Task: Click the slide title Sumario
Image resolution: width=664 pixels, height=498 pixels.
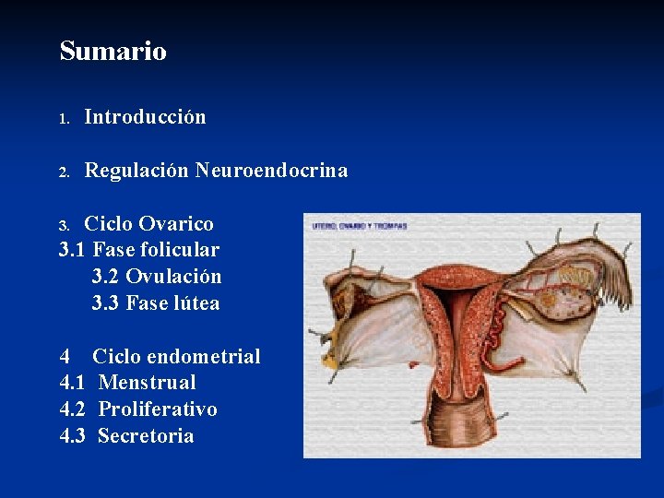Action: click(x=113, y=51)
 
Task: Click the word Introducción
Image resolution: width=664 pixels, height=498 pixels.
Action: click(x=145, y=117)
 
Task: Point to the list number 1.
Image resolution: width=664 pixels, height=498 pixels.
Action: click(x=64, y=119)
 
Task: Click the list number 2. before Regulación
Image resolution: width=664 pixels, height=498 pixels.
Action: click(x=64, y=172)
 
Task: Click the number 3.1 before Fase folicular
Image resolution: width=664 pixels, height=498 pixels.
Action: click(x=73, y=250)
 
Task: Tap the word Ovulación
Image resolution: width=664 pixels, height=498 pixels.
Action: click(x=173, y=277)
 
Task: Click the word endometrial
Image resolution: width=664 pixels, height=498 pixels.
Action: click(x=204, y=357)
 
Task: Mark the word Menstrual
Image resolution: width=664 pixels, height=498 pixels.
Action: click(x=147, y=383)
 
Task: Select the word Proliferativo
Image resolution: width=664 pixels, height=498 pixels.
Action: click(x=158, y=409)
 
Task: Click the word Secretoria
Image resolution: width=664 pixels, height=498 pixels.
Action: click(x=146, y=436)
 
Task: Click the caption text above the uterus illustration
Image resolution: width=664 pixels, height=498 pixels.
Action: click(x=359, y=225)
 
